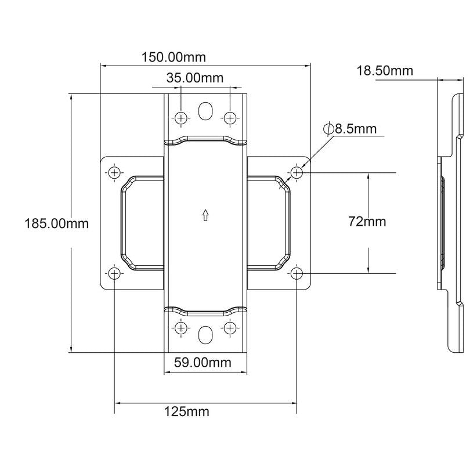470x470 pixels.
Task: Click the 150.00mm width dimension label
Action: (x=173, y=57)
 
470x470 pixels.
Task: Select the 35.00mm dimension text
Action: (x=195, y=78)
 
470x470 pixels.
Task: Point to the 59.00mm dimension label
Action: (x=203, y=363)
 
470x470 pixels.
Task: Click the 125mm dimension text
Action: (x=187, y=412)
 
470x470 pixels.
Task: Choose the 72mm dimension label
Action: (x=367, y=221)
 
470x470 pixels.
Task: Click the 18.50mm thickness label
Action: (x=385, y=71)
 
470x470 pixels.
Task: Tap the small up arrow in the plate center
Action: (x=205, y=216)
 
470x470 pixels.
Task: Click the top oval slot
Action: (x=205, y=112)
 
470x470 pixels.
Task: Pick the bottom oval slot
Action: (x=205, y=335)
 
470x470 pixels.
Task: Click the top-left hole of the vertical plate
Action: (x=181, y=118)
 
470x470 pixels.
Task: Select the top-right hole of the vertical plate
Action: (x=230, y=118)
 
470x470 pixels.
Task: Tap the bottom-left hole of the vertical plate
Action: (x=181, y=328)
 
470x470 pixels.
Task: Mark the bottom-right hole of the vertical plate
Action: (x=230, y=328)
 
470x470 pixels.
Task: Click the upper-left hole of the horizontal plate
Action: (x=114, y=172)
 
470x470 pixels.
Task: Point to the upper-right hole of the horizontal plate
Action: (x=297, y=172)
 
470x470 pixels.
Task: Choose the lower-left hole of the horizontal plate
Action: (x=114, y=273)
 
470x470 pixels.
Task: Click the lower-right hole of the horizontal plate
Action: (x=297, y=273)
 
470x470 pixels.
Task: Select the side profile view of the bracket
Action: (x=450, y=220)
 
